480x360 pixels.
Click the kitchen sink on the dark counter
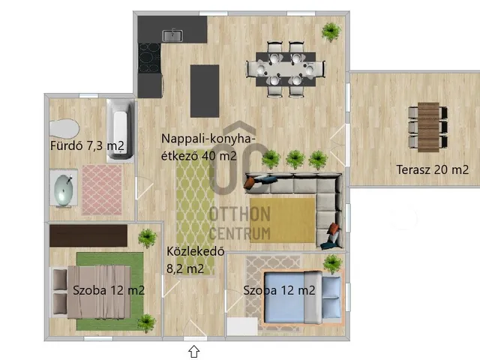coord(172,35)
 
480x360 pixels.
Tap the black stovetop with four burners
coord(149,58)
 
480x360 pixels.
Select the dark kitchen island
coord(205,91)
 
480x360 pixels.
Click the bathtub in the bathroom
coord(121,130)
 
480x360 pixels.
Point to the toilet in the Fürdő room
coord(64,129)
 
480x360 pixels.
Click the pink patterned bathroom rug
coord(102,190)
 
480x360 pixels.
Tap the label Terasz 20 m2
coord(432,169)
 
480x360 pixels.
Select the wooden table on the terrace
coord(428,127)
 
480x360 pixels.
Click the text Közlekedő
coord(195,252)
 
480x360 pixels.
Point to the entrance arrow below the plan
coord(193,351)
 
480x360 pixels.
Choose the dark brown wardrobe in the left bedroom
coord(88,235)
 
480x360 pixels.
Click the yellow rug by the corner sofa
coord(283,220)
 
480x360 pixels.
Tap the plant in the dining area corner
coord(331,31)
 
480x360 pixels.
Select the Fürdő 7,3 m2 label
coord(87,145)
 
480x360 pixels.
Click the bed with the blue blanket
coord(302,298)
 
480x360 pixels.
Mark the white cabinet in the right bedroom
coord(242,327)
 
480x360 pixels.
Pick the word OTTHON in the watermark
coord(240,214)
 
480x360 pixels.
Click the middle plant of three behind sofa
coord(295,159)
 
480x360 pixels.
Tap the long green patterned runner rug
coord(196,214)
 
